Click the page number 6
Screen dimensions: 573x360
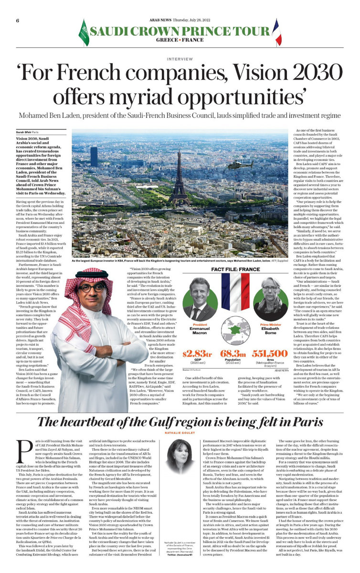[x=18, y=8]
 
